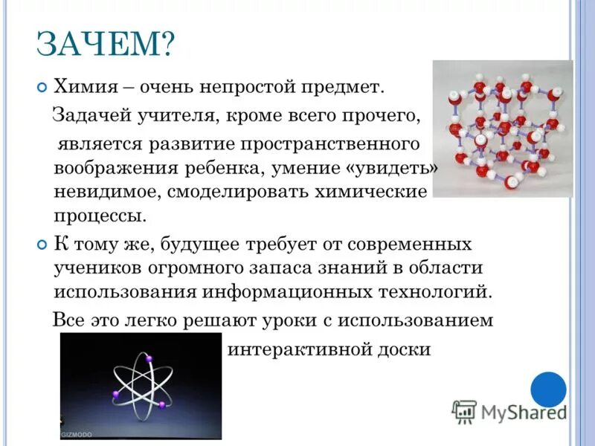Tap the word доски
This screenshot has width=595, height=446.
click(x=408, y=349)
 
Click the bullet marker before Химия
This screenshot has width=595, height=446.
click(x=42, y=88)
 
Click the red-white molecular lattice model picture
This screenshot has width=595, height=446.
click(x=502, y=128)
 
